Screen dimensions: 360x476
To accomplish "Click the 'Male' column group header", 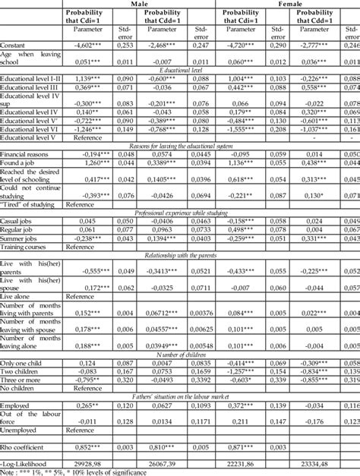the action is (x=140, y=4).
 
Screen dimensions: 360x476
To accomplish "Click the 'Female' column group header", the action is (x=289, y=4).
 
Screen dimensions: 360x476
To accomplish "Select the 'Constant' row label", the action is (x=15, y=46).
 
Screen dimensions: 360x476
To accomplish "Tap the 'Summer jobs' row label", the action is (x=21, y=238).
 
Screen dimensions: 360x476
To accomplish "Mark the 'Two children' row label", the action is (x=21, y=370).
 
